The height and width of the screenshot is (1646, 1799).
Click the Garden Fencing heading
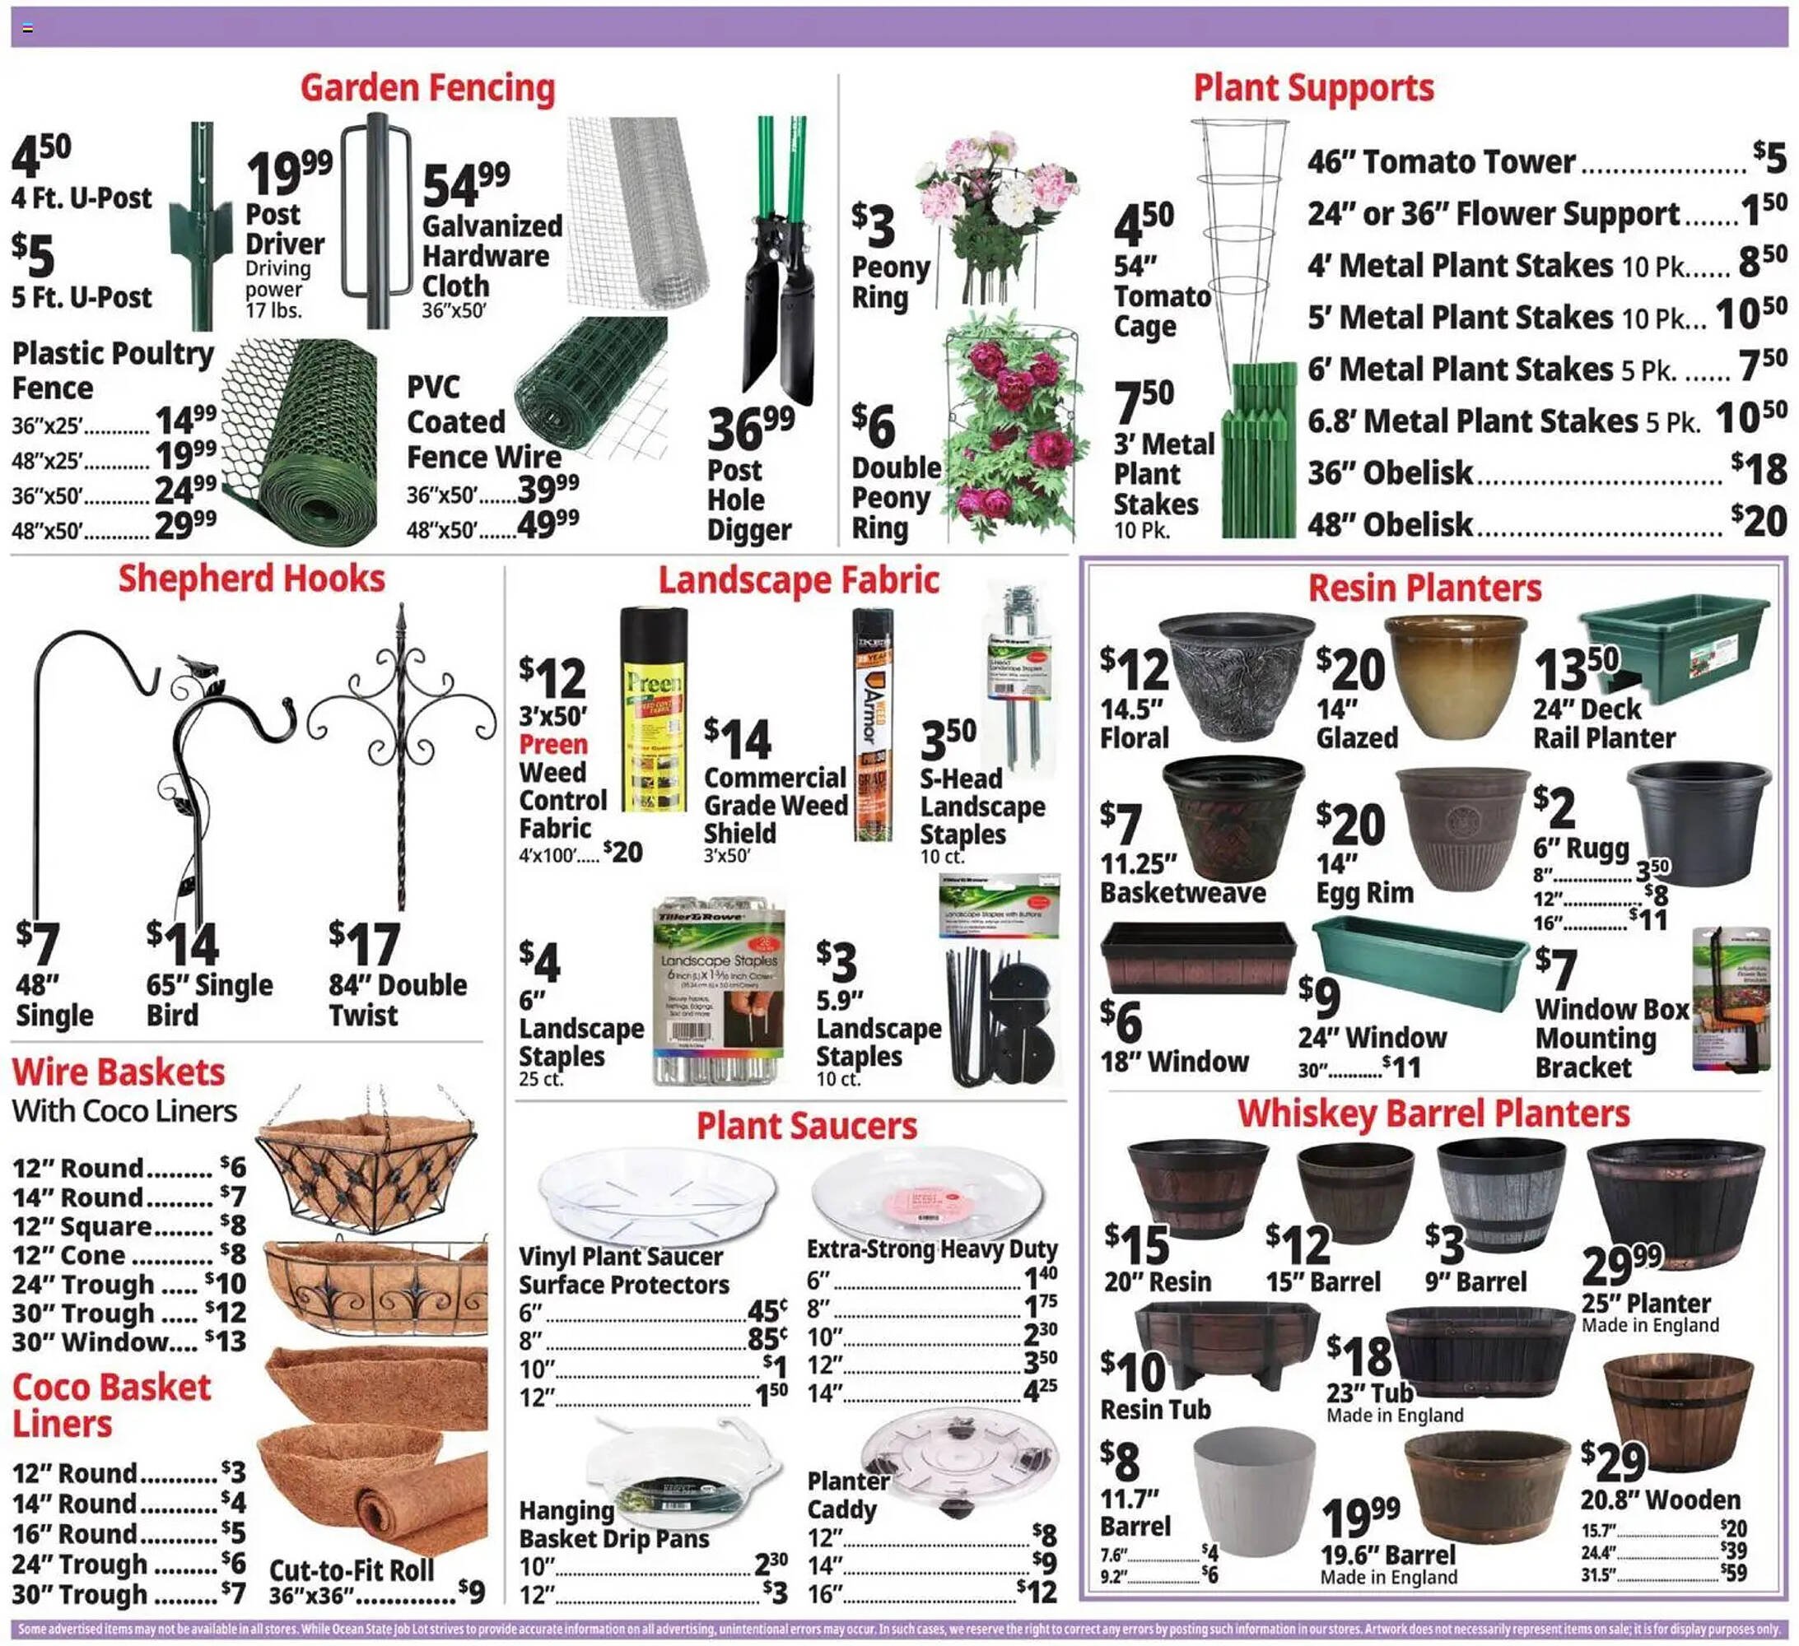point(427,88)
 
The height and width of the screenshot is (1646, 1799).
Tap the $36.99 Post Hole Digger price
point(749,428)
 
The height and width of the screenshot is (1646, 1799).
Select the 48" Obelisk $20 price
point(1758,521)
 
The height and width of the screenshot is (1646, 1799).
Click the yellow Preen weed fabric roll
point(653,709)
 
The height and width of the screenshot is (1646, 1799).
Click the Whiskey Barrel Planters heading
point(1433,1114)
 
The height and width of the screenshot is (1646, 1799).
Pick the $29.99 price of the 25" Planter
point(1621,1263)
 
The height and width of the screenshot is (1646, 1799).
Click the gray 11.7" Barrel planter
point(1253,1490)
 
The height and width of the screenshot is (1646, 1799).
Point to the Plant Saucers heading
point(806,1126)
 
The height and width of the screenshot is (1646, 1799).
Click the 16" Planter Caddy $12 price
point(1037,1592)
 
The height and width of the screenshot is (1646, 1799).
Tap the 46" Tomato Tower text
point(1441,162)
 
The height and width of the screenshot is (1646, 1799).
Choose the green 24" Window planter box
point(1419,964)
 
